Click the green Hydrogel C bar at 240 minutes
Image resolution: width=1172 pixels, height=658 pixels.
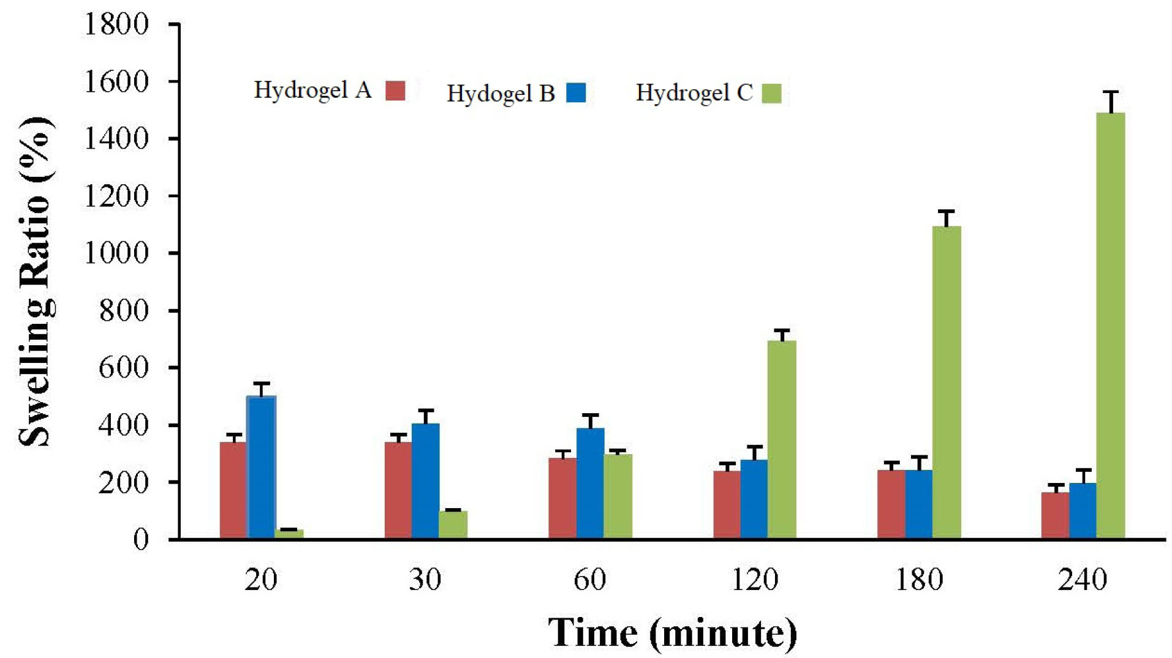pyautogui.click(x=1110, y=325)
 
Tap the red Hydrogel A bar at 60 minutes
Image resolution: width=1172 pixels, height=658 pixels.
pyautogui.click(x=562, y=498)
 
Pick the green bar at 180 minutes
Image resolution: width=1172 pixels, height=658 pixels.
pyautogui.click(x=946, y=383)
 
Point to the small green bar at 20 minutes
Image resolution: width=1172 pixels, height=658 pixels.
pyautogui.click(x=289, y=534)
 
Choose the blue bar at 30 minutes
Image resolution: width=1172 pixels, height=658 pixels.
pyautogui.click(x=425, y=480)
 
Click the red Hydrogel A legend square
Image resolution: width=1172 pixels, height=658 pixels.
pyautogui.click(x=395, y=91)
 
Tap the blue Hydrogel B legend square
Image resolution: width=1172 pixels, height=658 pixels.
pyautogui.click(x=576, y=92)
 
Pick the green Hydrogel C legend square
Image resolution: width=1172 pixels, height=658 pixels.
pyautogui.click(x=771, y=93)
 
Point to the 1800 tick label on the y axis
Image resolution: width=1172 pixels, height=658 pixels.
pyautogui.click(x=116, y=24)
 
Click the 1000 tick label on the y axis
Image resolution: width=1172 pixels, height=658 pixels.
pyautogui.click(x=116, y=253)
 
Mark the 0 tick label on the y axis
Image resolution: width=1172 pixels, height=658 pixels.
pyautogui.click(x=141, y=539)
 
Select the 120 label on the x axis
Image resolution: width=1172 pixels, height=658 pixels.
pyautogui.click(x=754, y=579)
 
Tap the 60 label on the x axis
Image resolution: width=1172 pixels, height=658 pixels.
pyautogui.click(x=589, y=579)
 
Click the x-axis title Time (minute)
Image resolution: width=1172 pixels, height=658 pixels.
pyautogui.click(x=672, y=633)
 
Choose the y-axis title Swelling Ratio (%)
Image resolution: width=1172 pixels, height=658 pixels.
pyautogui.click(x=36, y=282)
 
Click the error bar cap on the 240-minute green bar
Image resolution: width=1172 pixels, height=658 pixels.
pyautogui.click(x=1110, y=92)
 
